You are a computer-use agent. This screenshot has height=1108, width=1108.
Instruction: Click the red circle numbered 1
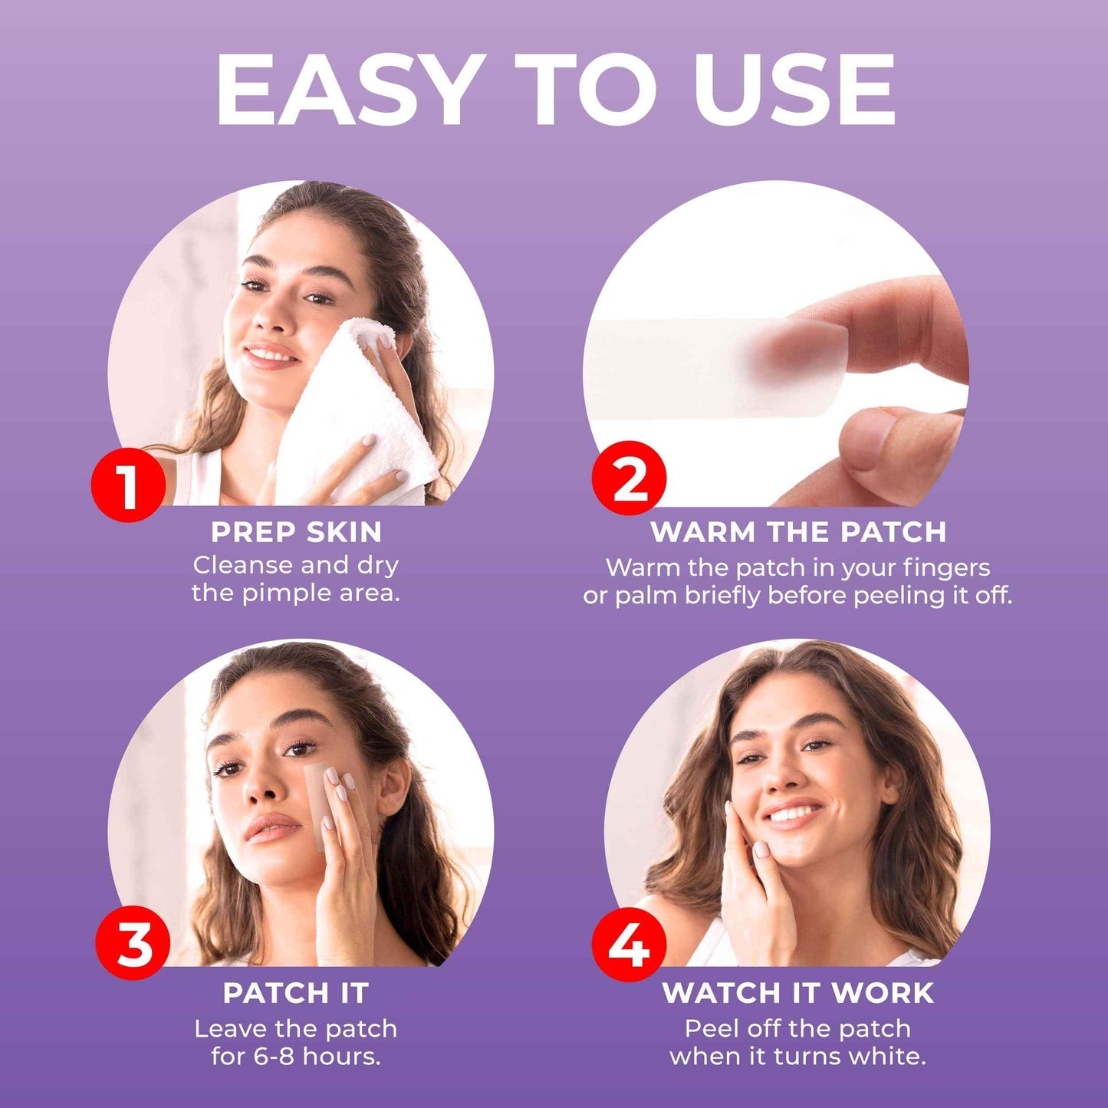(x=128, y=485)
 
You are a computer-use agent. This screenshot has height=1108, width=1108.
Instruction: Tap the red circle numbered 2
(x=629, y=478)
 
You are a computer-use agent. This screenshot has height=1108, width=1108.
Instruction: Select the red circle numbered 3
(x=133, y=942)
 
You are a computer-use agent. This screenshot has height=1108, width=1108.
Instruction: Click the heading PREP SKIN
(x=296, y=531)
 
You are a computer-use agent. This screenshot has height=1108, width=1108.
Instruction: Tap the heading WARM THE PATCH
(x=798, y=531)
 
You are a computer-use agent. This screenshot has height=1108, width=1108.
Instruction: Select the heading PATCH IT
(x=296, y=993)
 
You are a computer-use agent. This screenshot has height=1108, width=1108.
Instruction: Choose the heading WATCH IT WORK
(x=798, y=993)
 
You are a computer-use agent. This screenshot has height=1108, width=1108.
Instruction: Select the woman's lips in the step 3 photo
(x=270, y=828)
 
